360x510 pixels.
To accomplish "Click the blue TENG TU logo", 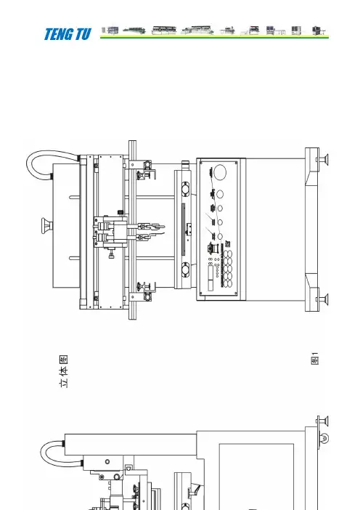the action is pos(67,34).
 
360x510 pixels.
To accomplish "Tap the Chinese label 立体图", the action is pos(64,371).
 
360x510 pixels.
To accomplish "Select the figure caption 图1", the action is pos(315,358).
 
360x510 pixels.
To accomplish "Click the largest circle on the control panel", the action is pos(220,172).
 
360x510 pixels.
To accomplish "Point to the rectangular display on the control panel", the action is pos(211,278).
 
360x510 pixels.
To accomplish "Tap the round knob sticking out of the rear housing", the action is pos(47,226).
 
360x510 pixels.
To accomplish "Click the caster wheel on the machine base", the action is pos(324,438).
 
